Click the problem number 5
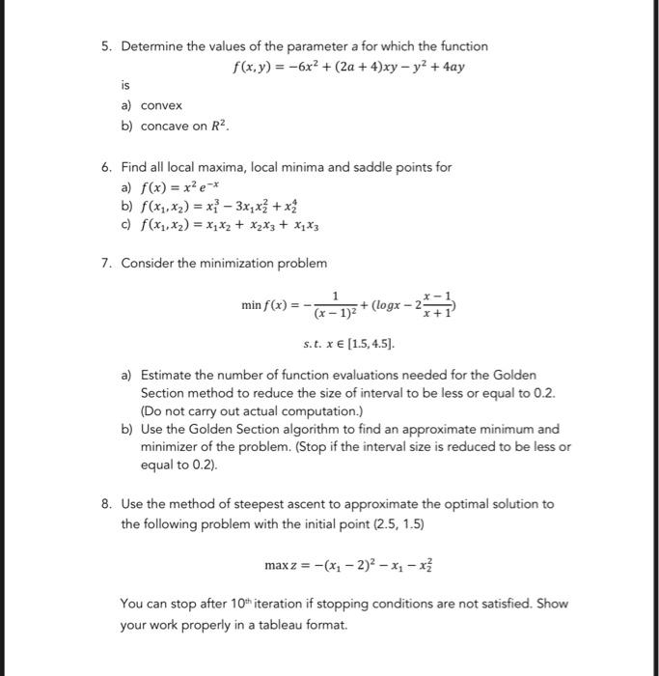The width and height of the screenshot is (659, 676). tap(106, 46)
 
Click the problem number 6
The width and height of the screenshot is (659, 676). tap(106, 167)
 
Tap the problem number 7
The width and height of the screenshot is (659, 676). tap(106, 263)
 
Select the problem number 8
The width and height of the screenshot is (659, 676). tap(106, 504)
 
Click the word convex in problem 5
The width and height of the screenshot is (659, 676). tap(161, 105)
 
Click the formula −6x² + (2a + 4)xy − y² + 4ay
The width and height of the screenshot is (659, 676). tap(376, 69)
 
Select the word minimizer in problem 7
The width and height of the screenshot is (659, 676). tap(173, 447)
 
